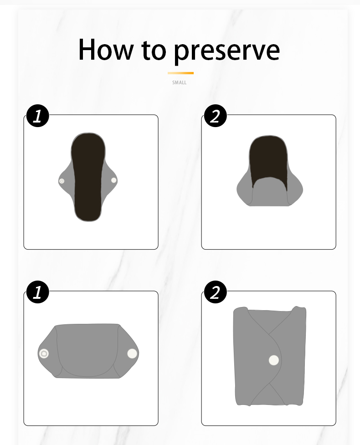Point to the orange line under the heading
point(180,73)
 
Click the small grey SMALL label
point(180,83)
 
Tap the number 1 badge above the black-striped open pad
point(37,116)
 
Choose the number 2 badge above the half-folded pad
point(215,116)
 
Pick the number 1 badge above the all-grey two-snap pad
point(37,292)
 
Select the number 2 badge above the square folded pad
point(215,292)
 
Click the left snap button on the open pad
point(62,181)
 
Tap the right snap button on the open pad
point(114,180)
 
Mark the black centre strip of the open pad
point(88,178)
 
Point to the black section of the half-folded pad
point(269,157)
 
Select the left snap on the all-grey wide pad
point(44,353)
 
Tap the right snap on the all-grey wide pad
point(132,353)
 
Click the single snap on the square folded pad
point(273,360)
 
